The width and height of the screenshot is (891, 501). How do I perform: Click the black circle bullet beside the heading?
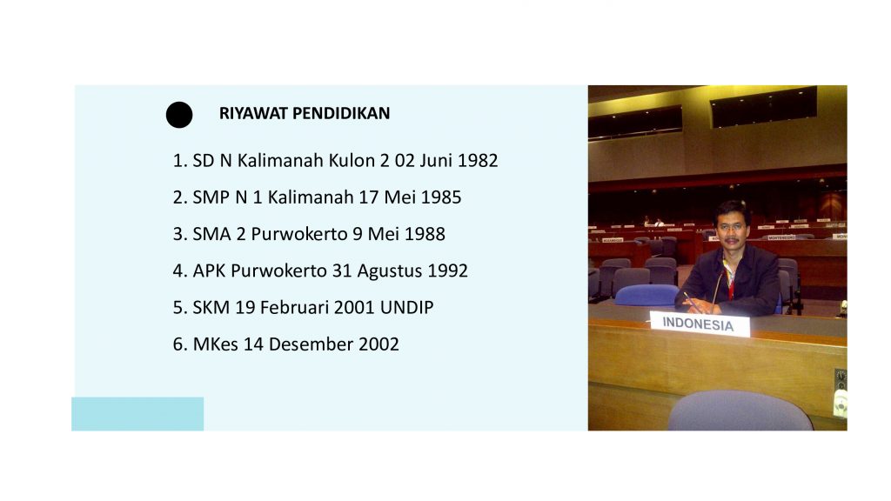click(x=179, y=115)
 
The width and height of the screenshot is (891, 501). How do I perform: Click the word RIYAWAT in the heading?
click(x=253, y=114)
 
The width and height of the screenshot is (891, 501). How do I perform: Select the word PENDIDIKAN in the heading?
click(x=341, y=114)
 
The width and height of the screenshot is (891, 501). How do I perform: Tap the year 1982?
click(x=478, y=161)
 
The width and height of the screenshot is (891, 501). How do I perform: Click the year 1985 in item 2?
click(x=441, y=197)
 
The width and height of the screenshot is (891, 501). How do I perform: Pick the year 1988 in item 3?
click(x=425, y=234)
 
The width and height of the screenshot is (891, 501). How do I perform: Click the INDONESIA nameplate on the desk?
click(x=699, y=324)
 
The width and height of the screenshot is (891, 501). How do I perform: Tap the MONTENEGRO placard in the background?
click(x=782, y=237)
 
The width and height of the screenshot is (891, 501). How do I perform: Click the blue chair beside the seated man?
click(x=646, y=296)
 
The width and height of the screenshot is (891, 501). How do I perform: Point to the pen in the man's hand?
click(x=691, y=301)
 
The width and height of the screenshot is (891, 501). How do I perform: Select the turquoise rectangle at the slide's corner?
click(x=137, y=413)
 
